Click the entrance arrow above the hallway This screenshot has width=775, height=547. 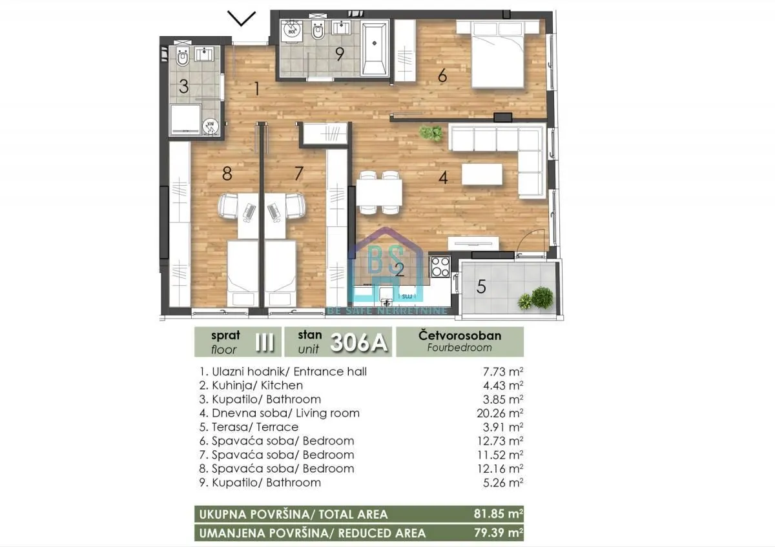click(242, 19)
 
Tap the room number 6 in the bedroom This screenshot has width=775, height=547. click(442, 76)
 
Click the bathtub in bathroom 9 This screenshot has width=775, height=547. click(374, 48)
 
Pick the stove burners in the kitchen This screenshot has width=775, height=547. click(440, 266)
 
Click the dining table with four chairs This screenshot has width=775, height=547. click(380, 192)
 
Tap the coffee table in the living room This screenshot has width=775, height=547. click(481, 174)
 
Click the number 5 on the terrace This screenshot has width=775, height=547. click(480, 286)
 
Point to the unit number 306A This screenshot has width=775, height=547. click(359, 343)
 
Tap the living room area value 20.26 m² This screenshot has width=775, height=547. click(499, 413)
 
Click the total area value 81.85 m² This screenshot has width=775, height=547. click(497, 514)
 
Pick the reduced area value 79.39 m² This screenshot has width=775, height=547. click(497, 533)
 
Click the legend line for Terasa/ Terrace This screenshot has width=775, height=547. click(249, 427)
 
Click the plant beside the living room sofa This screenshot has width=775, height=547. click(430, 134)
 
